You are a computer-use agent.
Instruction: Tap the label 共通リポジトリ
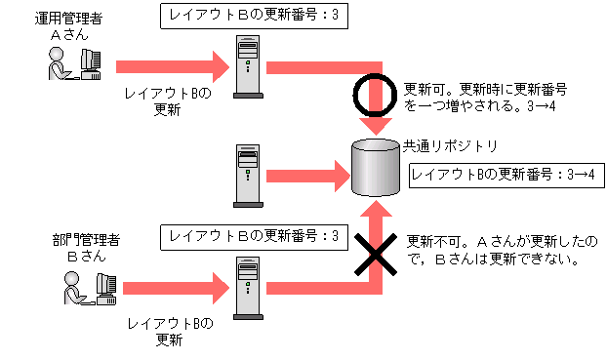click(x=451, y=146)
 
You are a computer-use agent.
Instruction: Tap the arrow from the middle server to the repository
click(x=307, y=177)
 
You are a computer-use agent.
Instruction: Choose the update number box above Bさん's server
click(x=253, y=236)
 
